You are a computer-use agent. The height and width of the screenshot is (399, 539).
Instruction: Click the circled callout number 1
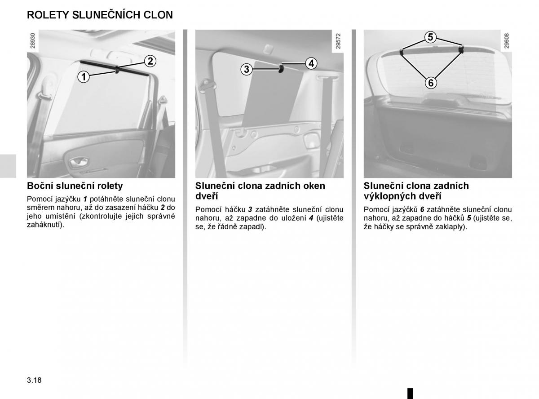coord(83,77)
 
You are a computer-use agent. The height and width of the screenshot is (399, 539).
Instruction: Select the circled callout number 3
coord(246,69)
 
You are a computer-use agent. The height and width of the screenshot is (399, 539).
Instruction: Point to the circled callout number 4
coord(311,63)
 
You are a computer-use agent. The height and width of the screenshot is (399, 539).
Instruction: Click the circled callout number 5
coord(430,37)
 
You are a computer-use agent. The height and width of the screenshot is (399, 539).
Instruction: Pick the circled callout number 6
coord(430,83)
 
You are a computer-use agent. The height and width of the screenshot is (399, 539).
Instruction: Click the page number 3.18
coord(34,380)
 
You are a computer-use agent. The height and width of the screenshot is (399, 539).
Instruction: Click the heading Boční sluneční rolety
coord(75,186)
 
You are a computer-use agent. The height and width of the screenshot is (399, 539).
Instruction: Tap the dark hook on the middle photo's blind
coord(281,69)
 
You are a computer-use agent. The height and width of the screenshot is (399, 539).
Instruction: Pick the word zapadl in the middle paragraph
coord(254,226)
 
